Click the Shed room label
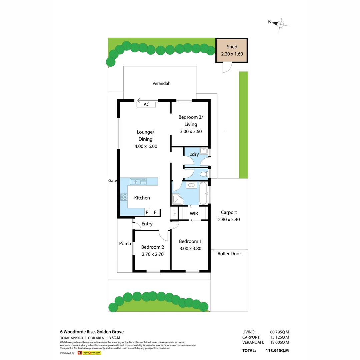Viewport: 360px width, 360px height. (x=232, y=47)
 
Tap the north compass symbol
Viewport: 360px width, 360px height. (x=280, y=24)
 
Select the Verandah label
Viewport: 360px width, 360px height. (x=161, y=83)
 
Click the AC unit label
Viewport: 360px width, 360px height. (x=146, y=104)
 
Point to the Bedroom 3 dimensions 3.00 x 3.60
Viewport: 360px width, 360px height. (x=190, y=131)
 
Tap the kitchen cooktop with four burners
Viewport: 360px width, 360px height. (x=124, y=197)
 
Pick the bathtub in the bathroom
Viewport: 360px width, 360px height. (x=203, y=193)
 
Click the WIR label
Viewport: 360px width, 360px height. (x=194, y=213)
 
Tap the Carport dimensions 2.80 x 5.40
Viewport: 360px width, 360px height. (x=229, y=219)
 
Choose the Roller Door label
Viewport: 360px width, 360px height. (x=229, y=254)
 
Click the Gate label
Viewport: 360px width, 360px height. (x=112, y=181)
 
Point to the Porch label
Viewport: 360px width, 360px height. (x=125, y=243)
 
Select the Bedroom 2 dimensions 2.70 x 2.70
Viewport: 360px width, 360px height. (x=152, y=254)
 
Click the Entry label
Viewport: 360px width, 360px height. (x=147, y=224)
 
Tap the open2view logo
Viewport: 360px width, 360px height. (x=91, y=353)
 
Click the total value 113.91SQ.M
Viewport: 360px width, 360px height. (x=277, y=350)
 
